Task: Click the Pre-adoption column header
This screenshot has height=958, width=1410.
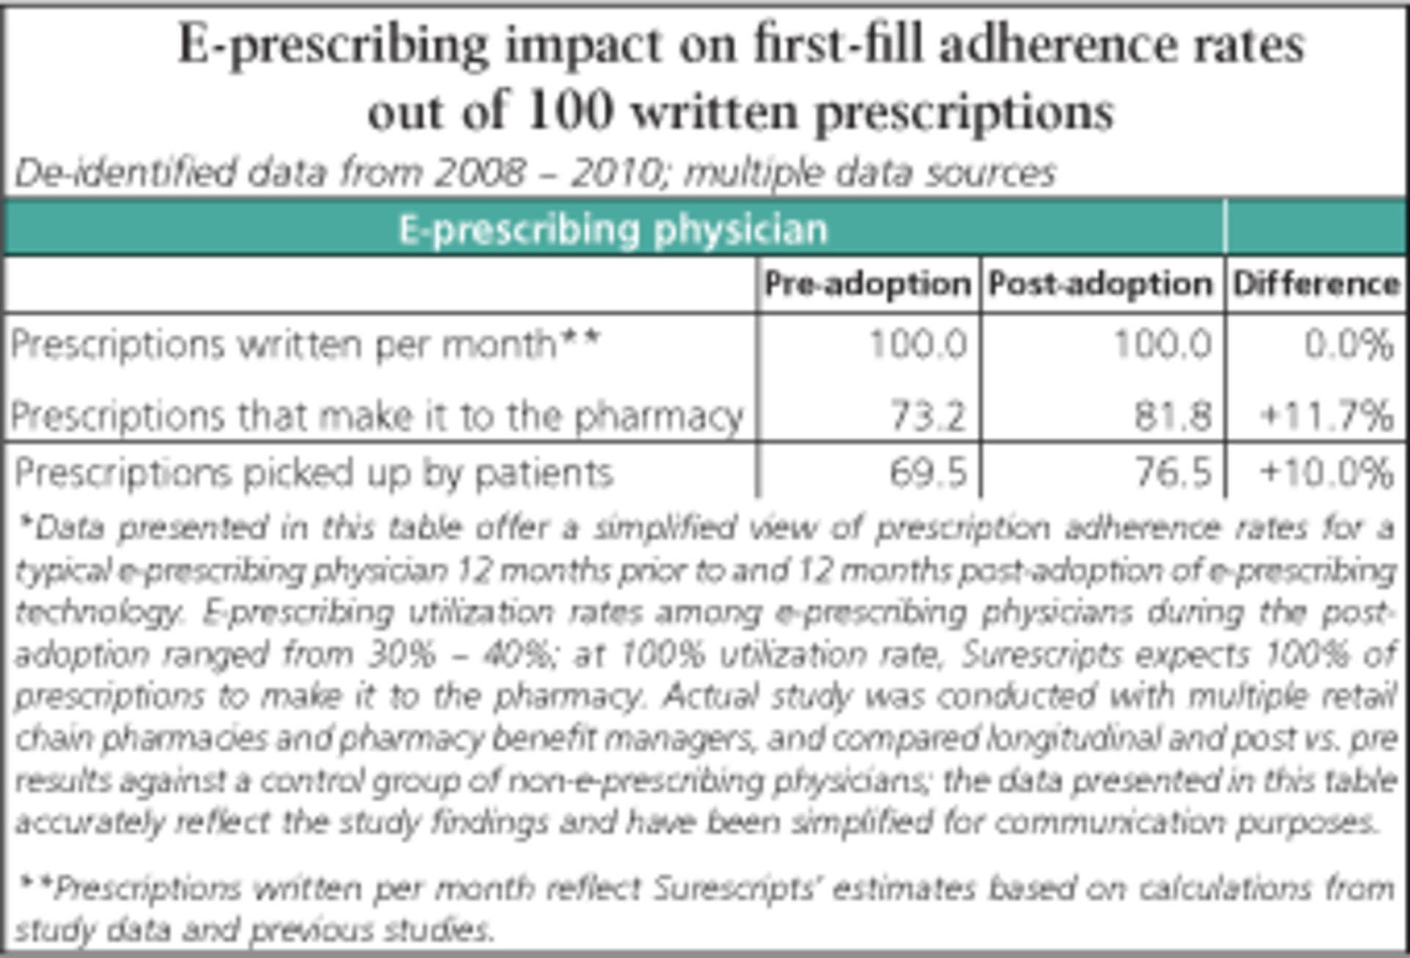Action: tap(867, 284)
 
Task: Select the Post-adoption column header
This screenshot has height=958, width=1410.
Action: tap(1100, 284)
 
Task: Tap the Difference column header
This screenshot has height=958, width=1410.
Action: tap(1316, 284)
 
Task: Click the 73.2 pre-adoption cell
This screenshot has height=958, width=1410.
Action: tap(928, 416)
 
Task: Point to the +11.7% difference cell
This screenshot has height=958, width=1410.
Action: tap(1326, 416)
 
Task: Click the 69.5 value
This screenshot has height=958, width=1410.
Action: tap(928, 472)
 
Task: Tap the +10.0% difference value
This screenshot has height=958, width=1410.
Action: tap(1326, 472)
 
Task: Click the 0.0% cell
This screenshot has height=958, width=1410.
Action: tap(1348, 345)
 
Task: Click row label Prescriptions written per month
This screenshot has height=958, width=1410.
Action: tap(305, 345)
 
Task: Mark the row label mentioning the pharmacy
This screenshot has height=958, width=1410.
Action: tap(377, 416)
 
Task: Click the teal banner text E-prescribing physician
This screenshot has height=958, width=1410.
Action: tap(613, 230)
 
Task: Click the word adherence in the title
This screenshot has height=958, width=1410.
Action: tap(1058, 46)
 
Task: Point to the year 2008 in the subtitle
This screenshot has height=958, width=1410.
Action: tap(480, 173)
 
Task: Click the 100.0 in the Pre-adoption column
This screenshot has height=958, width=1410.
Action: tap(918, 345)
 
